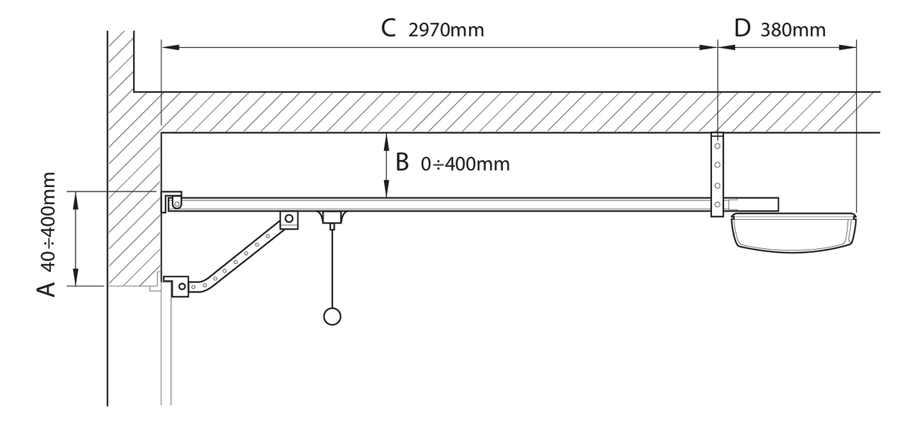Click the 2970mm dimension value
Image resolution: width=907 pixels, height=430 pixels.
[446, 30]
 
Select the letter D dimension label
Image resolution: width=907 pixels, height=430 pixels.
[742, 28]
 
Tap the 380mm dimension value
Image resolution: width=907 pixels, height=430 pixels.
[793, 30]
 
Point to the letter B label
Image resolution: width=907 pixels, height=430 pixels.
[402, 162]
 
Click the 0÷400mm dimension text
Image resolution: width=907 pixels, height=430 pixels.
[465, 164]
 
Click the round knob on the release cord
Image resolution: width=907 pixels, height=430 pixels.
[331, 316]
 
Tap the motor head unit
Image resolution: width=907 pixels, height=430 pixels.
[794, 232]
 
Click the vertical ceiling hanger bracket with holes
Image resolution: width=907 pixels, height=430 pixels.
[717, 175]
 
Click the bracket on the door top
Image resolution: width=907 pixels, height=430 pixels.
[178, 284]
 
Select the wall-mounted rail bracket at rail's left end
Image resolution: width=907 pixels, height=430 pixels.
[173, 201]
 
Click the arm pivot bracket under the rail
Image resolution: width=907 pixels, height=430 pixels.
[288, 219]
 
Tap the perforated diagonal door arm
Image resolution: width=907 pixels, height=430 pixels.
[239, 258]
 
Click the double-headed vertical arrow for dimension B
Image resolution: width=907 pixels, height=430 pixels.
[386, 165]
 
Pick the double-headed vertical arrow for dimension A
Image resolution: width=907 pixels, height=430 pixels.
[75, 238]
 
